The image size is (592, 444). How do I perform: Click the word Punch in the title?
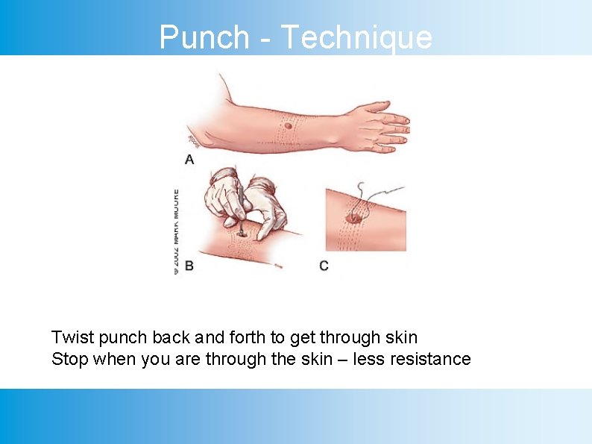pos(204,37)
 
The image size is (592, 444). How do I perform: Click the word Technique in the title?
pos(357,37)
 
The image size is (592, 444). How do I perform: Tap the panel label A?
pos(189,159)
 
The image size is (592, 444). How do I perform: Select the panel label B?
pos(189,266)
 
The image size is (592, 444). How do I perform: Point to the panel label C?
pos(324,266)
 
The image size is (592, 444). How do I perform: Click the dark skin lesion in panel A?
pos(288,125)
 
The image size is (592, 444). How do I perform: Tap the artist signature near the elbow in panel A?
pos(193,140)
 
